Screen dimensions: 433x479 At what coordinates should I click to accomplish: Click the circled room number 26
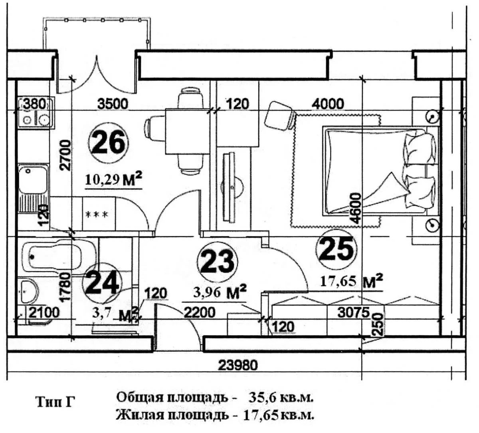click(109, 143)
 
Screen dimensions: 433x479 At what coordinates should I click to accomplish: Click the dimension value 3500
click(113, 104)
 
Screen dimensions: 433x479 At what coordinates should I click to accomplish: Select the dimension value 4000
click(327, 104)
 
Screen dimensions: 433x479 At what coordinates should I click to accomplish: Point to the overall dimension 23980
click(238, 364)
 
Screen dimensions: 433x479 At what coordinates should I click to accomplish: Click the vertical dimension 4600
click(354, 208)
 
